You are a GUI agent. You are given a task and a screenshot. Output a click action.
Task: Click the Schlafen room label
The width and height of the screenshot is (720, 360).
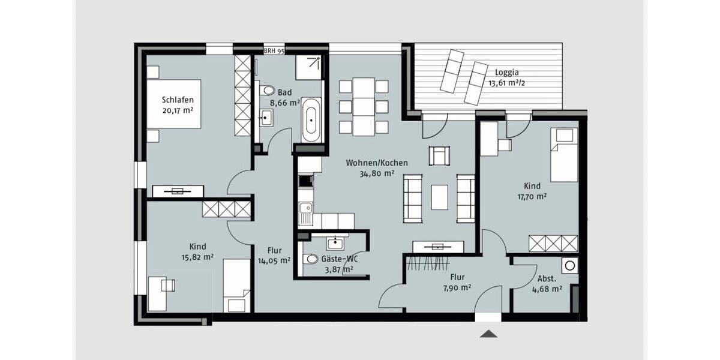coord(178,100)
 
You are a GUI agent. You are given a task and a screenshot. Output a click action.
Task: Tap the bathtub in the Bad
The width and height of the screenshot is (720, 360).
coord(311,121)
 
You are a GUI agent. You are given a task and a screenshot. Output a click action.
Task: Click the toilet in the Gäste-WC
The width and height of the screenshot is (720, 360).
coord(310,260)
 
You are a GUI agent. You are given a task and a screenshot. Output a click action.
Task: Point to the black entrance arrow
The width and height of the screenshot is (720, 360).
coord(489,334)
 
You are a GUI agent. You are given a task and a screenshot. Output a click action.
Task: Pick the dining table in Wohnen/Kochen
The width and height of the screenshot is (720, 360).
coord(364,106)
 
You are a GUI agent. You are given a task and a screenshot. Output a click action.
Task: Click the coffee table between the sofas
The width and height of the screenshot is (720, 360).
coord(440,197)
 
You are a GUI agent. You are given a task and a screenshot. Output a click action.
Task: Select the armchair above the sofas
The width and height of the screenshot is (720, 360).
coord(439,155)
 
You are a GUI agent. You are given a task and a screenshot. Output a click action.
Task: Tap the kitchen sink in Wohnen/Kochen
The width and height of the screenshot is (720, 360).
coord(305,211)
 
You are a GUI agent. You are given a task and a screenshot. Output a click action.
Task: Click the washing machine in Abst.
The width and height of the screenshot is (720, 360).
coord(569,265)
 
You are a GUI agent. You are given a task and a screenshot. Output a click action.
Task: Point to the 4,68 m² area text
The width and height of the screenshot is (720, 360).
coord(547,289)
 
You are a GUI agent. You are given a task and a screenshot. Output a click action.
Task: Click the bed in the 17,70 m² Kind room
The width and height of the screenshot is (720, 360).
coord(563,155)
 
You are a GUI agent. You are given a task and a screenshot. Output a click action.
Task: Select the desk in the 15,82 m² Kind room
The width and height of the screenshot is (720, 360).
coord(157,293)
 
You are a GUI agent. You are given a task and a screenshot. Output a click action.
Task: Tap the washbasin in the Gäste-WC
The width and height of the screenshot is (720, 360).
coord(334,243)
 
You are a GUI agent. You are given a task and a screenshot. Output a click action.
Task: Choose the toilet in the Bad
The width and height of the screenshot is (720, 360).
coord(267,91)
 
